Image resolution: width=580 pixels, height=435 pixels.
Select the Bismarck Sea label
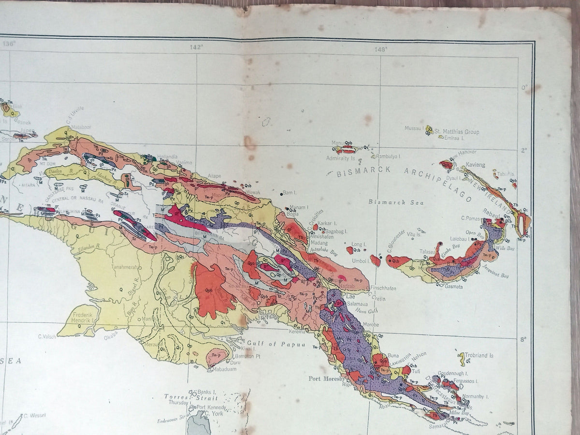(x=396, y=202)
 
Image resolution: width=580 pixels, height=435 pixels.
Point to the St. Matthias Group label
(x=457, y=131)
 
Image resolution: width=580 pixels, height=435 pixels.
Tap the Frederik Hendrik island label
(x=85, y=316)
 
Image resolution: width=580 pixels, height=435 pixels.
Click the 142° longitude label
(x=196, y=47)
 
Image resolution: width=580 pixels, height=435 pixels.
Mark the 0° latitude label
(x=523, y=88)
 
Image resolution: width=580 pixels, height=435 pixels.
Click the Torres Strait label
(x=190, y=397)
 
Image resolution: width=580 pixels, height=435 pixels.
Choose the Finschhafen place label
(x=384, y=289)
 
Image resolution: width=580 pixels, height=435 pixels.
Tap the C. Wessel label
(x=34, y=415)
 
